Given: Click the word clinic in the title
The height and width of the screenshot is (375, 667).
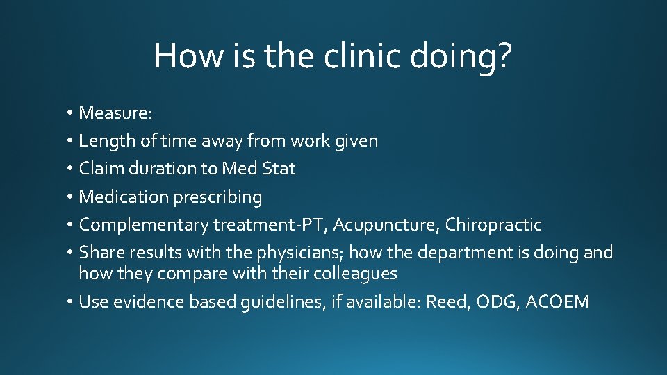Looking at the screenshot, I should point(362,55).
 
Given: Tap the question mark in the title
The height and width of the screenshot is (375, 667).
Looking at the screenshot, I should point(503,55).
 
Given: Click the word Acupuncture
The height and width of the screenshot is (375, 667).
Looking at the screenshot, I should point(386,225).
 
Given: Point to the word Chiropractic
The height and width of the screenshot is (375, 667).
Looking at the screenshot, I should point(493,225).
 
